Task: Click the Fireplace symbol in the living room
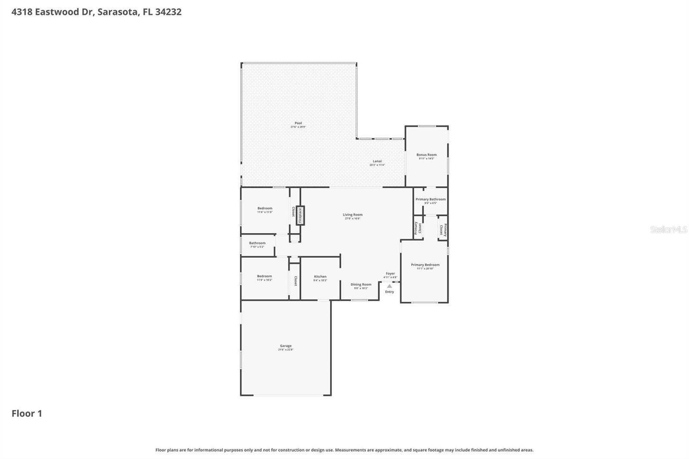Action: [x=300, y=215]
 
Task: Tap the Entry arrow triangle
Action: [x=389, y=286]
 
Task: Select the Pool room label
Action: [x=298, y=123]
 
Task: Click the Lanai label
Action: [x=377, y=161]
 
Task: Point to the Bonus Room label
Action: [x=426, y=155]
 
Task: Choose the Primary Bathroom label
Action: [x=430, y=199]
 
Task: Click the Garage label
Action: [x=286, y=346]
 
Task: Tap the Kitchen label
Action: [x=320, y=276]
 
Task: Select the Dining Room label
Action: [x=361, y=284]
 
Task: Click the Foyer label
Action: [x=390, y=273]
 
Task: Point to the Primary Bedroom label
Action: [x=425, y=265]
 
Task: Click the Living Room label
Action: [x=352, y=214]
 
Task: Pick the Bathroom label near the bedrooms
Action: [x=257, y=243]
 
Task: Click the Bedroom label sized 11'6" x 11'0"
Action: [x=265, y=208]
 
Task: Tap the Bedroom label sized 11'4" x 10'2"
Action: [x=264, y=276]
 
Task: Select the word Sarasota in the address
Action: [x=118, y=12]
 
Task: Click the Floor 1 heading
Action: [x=27, y=413]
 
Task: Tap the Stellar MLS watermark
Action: [x=668, y=229]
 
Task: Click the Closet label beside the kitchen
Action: [x=295, y=281]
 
